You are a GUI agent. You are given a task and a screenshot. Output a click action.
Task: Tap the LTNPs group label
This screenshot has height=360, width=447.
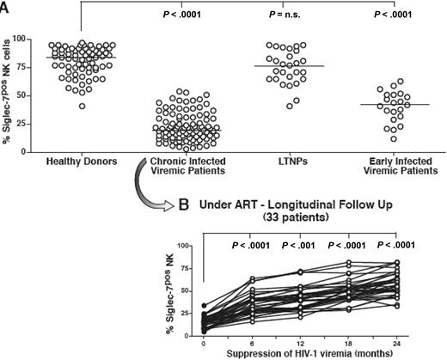point(282,162)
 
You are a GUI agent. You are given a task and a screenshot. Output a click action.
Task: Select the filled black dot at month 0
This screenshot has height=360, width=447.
point(204,305)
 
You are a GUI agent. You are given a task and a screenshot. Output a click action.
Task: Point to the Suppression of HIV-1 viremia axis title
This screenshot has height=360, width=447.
point(299,352)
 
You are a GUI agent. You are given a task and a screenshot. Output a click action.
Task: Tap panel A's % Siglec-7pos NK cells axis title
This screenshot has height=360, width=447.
point(12,95)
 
